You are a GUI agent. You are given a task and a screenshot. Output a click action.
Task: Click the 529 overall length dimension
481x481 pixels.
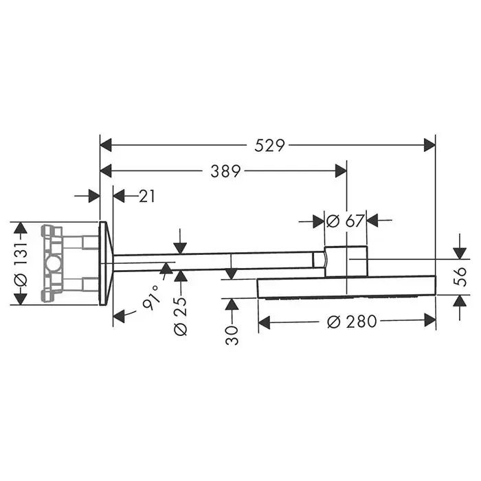pyautogui.click(x=269, y=146)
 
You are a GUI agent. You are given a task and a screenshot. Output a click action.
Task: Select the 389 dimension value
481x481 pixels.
pyautogui.click(x=225, y=171)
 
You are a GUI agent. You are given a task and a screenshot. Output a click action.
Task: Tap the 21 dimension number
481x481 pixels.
pyautogui.click(x=147, y=197)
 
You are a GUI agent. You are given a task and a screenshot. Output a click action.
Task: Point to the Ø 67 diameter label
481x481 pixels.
pyautogui.click(x=345, y=221)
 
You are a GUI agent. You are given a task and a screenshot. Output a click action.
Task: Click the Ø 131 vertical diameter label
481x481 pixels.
pyautogui.click(x=21, y=265)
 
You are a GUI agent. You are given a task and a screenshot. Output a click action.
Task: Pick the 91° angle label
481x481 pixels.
pyautogui.click(x=152, y=297)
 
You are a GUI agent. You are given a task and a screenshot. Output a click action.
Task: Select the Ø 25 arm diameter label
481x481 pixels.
pyautogui.click(x=180, y=316)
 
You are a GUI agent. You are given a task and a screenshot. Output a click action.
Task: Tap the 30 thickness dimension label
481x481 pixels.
pyautogui.click(x=232, y=335)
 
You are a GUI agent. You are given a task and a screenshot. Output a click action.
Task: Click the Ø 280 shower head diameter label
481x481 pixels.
pyautogui.click(x=352, y=322)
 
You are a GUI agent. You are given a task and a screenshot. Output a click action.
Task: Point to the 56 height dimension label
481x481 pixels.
pyautogui.click(x=460, y=277)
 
